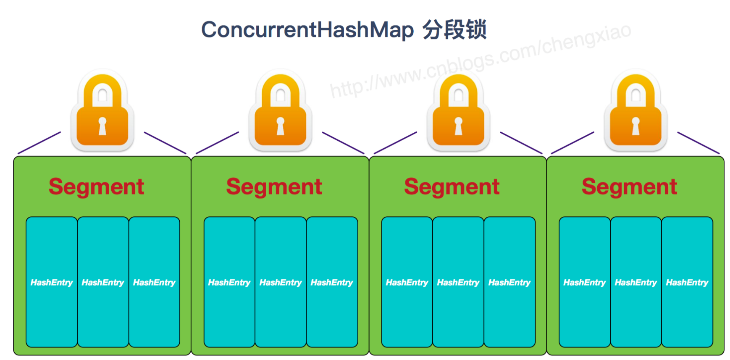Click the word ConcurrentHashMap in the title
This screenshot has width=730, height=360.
(x=307, y=30)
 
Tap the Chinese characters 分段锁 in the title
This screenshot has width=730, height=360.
(x=454, y=30)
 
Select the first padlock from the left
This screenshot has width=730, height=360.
(x=102, y=111)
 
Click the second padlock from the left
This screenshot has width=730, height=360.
(x=281, y=111)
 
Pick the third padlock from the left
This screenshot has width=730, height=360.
(x=458, y=111)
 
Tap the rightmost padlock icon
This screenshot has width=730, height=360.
(x=636, y=111)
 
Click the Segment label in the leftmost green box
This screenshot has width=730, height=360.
(x=96, y=187)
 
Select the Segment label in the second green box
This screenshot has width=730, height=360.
(x=274, y=187)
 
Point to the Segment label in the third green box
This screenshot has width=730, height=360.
(x=452, y=187)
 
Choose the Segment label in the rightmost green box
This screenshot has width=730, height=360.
(x=629, y=187)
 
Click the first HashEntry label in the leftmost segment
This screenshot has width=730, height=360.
(x=52, y=283)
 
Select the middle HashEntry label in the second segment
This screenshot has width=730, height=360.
(x=281, y=283)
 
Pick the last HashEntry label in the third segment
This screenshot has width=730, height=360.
(x=509, y=283)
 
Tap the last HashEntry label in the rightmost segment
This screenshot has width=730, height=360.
(x=687, y=283)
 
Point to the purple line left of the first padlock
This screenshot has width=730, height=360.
(x=39, y=143)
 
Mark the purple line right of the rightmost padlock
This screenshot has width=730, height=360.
(x=698, y=143)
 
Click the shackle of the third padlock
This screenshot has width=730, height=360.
(x=458, y=89)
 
